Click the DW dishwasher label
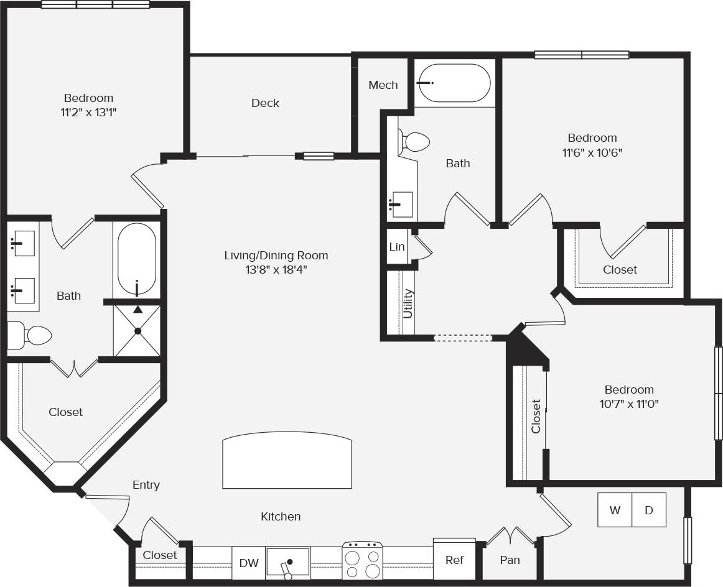[248, 563]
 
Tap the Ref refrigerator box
[454, 560]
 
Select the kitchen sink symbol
[287, 563]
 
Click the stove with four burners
[362, 562]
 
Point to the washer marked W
[615, 510]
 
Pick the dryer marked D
[649, 510]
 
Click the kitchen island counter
[287, 461]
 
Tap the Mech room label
[383, 85]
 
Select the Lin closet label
[396, 246]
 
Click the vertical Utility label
[408, 303]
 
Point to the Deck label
[265, 103]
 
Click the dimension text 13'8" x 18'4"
[276, 269]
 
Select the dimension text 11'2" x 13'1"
[88, 112]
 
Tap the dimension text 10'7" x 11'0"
[629, 404]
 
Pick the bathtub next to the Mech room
[454, 83]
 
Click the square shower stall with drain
[138, 331]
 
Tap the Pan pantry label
[510, 560]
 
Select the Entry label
[146, 484]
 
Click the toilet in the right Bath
[414, 142]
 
